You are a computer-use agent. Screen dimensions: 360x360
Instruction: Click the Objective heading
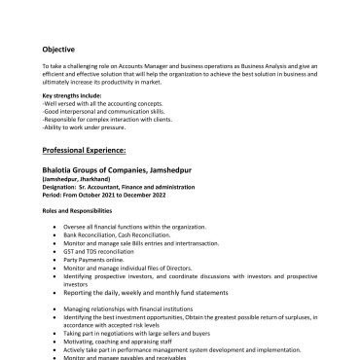[57, 49]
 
